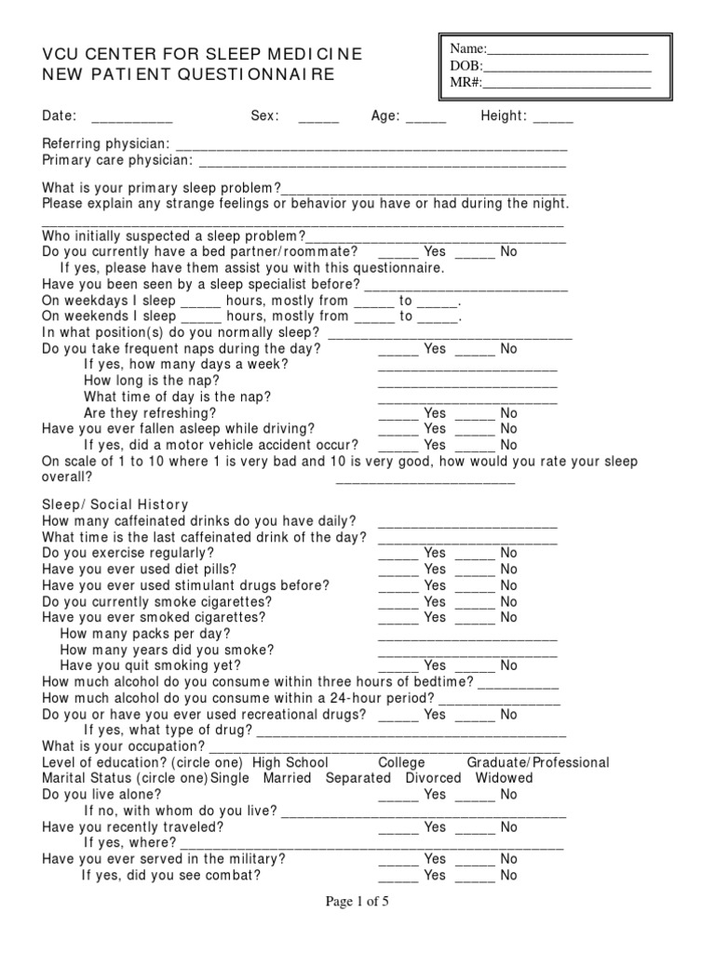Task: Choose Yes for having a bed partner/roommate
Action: [398, 252]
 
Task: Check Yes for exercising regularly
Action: [398, 553]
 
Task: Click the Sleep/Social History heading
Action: [115, 504]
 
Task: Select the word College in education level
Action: [401, 763]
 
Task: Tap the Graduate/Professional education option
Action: [538, 763]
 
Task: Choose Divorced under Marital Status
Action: [433, 778]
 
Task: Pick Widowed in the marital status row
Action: [504, 778]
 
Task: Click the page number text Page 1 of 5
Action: [357, 903]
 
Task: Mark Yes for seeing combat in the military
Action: [398, 876]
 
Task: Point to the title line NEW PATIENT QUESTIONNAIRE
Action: [188, 74]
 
